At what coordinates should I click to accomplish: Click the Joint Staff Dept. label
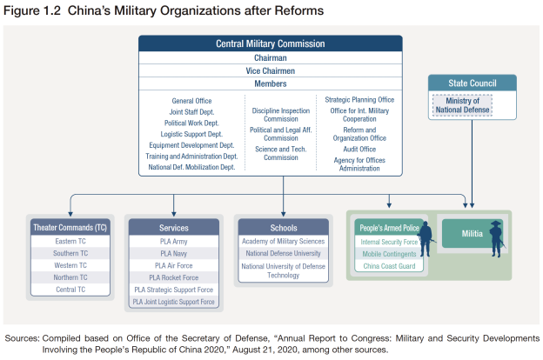pos(191,112)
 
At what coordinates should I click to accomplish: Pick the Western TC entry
pos(70,265)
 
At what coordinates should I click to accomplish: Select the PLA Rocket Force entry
pos(173,277)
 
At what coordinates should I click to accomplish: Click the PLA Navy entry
pos(173,253)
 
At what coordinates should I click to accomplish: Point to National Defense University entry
pos(283,253)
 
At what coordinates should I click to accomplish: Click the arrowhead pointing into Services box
pos(173,211)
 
